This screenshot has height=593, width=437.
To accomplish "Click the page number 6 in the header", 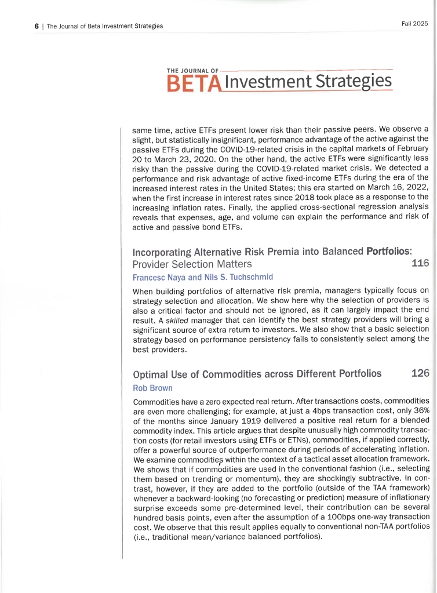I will click(x=36, y=26).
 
